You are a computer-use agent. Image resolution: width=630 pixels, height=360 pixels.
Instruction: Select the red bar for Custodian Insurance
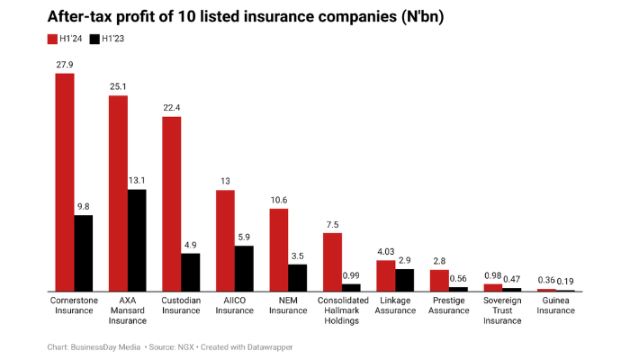click(172, 203)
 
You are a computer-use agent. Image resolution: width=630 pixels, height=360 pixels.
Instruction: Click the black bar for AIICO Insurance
click(244, 268)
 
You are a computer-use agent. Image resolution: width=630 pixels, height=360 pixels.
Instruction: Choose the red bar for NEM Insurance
click(279, 249)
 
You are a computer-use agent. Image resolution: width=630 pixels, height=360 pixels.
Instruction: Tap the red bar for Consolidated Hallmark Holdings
click(332, 262)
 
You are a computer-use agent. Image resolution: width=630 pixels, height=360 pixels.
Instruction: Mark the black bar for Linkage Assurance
click(405, 280)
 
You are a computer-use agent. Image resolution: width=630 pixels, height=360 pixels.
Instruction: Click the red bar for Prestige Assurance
click(439, 280)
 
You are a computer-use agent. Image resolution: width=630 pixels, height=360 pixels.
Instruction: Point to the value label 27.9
click(65, 64)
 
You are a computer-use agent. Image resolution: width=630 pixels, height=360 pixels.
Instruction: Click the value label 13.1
click(137, 180)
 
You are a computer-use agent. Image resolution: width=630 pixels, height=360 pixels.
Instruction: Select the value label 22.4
click(172, 107)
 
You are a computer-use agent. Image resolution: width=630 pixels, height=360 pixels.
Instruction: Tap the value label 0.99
click(351, 274)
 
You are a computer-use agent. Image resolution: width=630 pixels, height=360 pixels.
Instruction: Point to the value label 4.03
click(386, 251)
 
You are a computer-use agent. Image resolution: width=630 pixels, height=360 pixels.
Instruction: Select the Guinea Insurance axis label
click(555, 305)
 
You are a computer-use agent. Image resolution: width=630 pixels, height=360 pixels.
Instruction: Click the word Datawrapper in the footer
click(269, 346)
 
